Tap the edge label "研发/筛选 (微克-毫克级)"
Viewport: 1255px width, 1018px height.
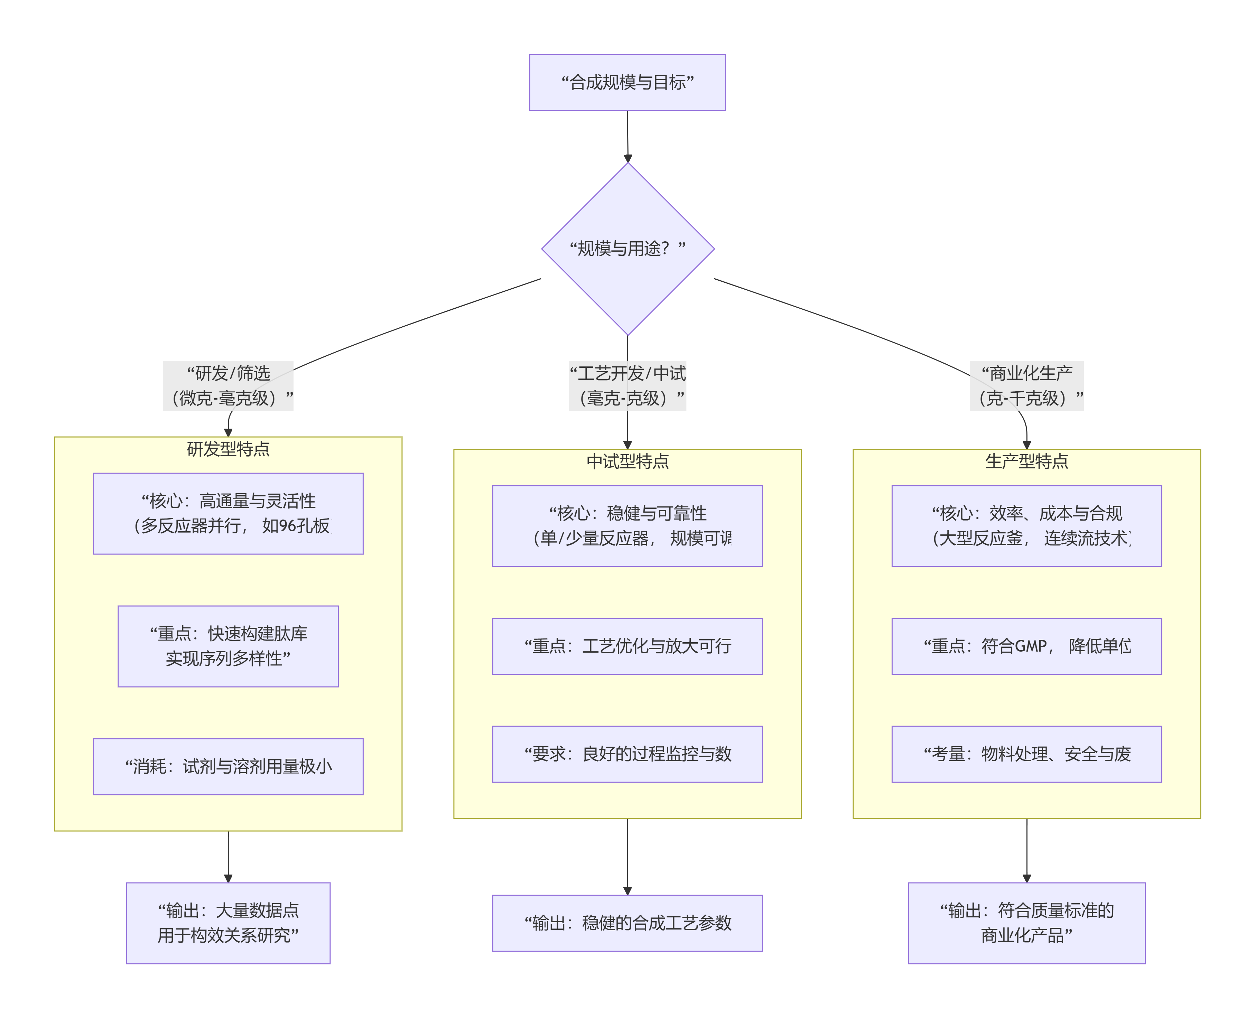point(228,386)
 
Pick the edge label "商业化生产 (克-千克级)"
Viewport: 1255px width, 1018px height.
point(1026,386)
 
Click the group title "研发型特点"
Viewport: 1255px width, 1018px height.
point(228,449)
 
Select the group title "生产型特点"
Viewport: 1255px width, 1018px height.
point(1026,461)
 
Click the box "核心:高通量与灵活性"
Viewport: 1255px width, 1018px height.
point(228,514)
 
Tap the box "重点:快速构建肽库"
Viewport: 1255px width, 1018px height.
point(228,646)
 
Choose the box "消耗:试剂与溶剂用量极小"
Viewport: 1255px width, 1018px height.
point(228,766)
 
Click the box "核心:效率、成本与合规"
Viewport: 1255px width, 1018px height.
point(1026,526)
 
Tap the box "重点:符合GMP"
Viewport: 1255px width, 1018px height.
point(1026,646)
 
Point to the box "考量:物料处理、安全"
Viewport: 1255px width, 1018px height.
point(1026,754)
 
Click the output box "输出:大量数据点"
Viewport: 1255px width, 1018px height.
point(228,923)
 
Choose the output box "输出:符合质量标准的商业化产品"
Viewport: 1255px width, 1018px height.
point(1026,923)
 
